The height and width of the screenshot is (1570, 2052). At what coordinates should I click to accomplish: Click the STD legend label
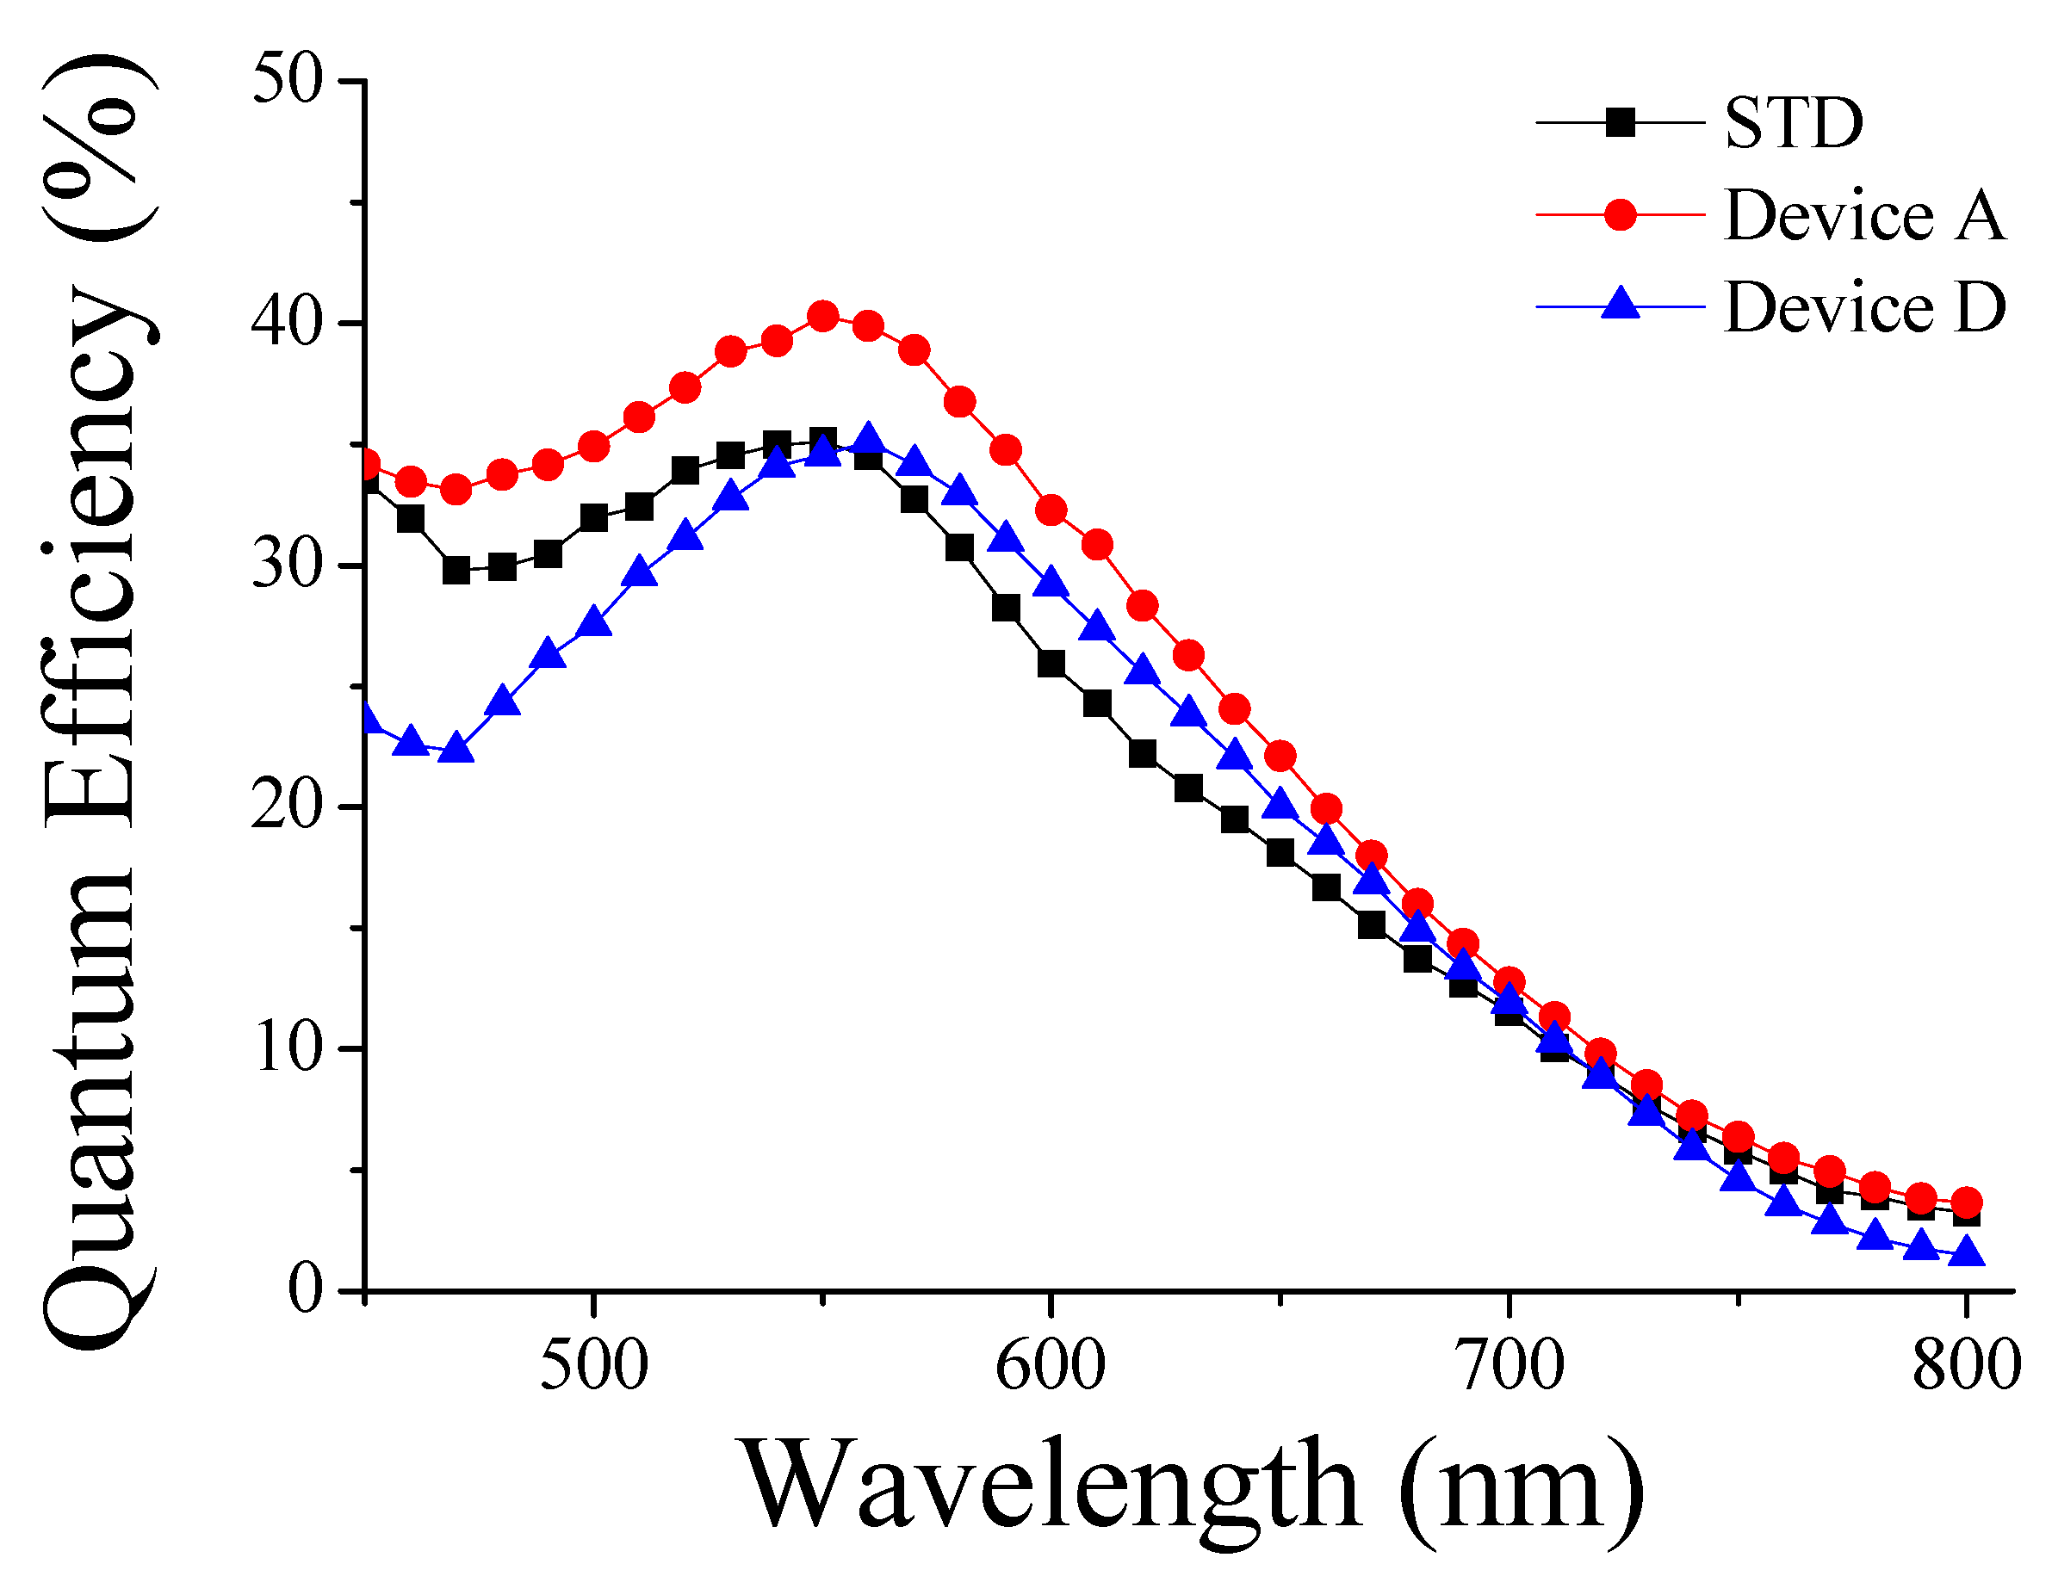1794,123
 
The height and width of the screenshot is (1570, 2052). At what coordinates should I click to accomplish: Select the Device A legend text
1864,216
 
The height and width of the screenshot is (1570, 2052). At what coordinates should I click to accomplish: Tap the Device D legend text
1864,307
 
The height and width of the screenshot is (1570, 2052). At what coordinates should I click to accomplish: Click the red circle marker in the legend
1620,215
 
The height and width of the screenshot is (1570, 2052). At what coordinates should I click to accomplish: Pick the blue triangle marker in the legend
1620,305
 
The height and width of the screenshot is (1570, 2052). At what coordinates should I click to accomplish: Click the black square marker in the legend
1620,122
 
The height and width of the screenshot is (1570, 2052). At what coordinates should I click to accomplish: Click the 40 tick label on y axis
287,323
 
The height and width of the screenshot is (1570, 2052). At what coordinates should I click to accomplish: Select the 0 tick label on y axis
305,1290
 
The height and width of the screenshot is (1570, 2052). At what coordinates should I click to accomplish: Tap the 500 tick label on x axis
593,1366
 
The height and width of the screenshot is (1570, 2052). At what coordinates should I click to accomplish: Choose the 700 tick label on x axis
1509,1366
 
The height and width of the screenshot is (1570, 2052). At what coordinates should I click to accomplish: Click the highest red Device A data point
822,317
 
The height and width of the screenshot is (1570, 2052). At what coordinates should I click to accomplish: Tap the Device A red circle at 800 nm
1967,1202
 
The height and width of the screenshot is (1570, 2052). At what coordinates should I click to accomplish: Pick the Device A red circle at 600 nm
1051,510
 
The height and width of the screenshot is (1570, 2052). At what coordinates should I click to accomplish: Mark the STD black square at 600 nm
1051,664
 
